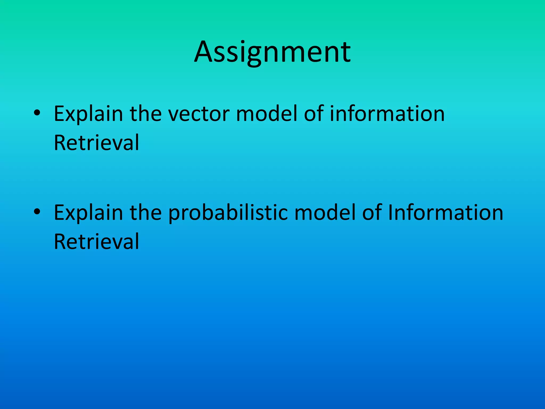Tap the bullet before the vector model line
(x=37, y=113)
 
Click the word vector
(x=199, y=114)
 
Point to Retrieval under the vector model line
(x=96, y=143)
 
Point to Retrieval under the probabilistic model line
(x=96, y=242)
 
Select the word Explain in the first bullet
(x=88, y=114)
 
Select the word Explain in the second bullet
(x=88, y=213)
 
